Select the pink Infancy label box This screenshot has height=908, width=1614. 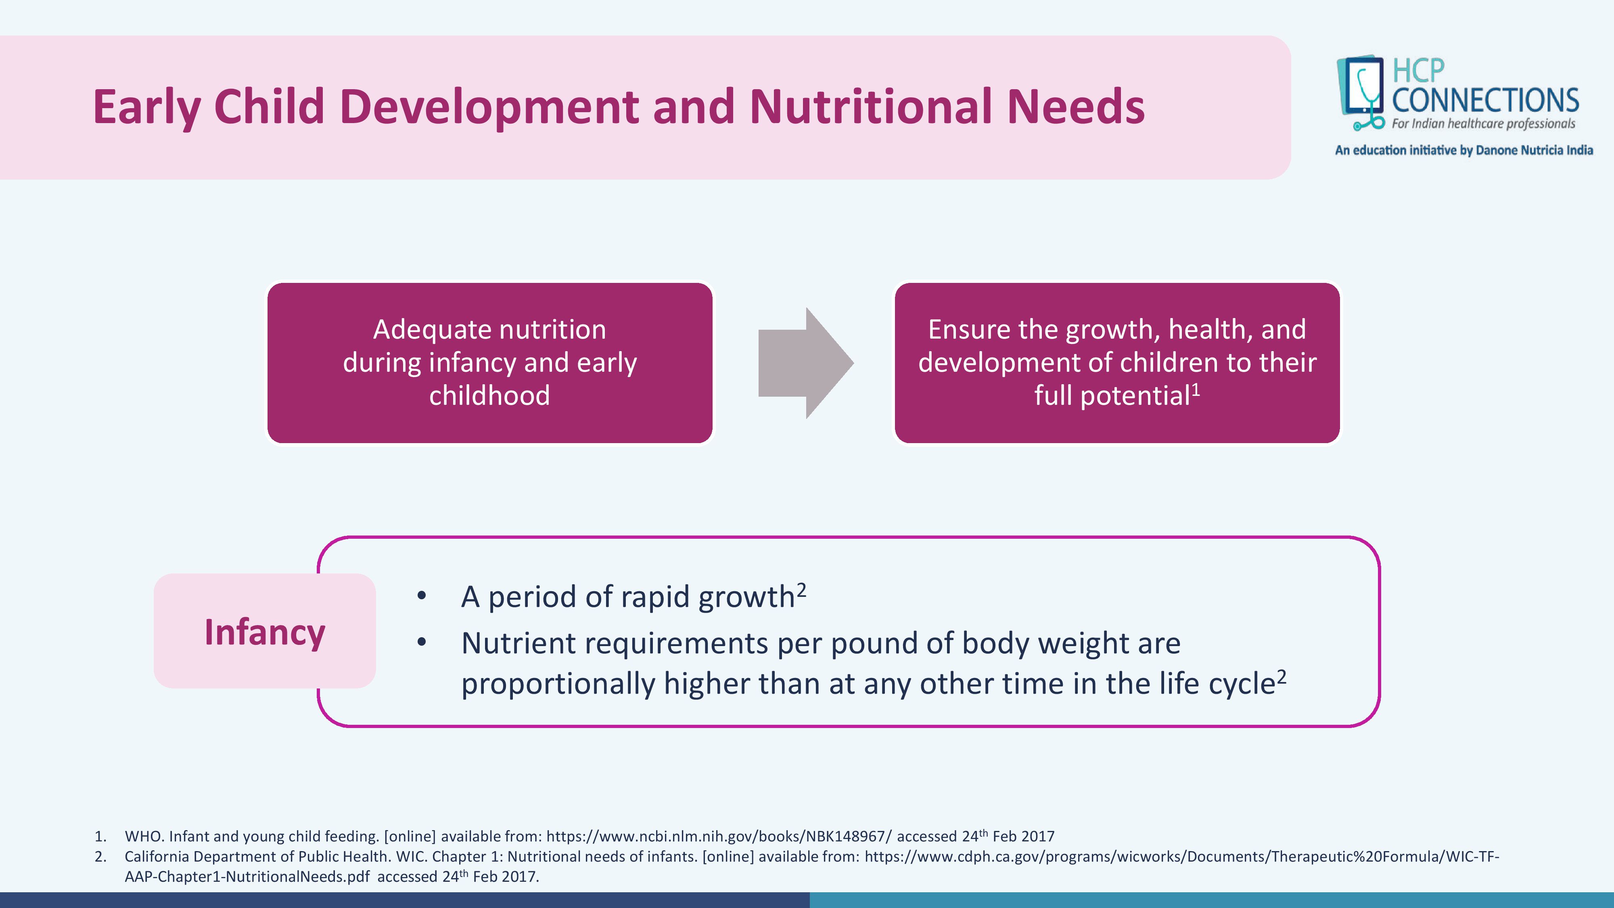(264, 630)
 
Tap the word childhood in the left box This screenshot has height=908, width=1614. (489, 396)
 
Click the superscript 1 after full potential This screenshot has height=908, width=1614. (1196, 390)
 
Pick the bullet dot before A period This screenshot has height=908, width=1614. (422, 596)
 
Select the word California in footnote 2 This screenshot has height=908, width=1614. (157, 857)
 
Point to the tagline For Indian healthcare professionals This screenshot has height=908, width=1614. (1483, 123)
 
